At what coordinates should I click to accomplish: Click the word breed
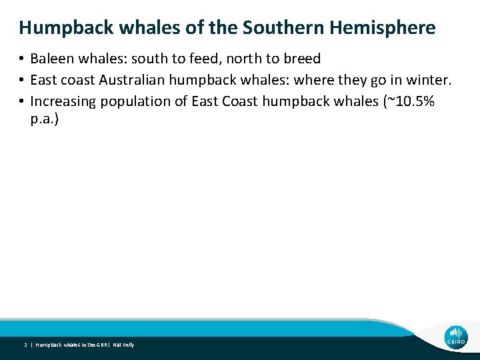pos(301,59)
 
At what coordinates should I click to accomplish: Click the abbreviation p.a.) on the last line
pos(45,122)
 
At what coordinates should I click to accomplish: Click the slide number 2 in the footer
pos(25,345)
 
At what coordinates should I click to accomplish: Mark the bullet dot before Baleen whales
pos(22,59)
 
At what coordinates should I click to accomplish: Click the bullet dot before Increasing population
pos(22,102)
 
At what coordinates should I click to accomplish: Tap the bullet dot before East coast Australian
pos(22,81)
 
